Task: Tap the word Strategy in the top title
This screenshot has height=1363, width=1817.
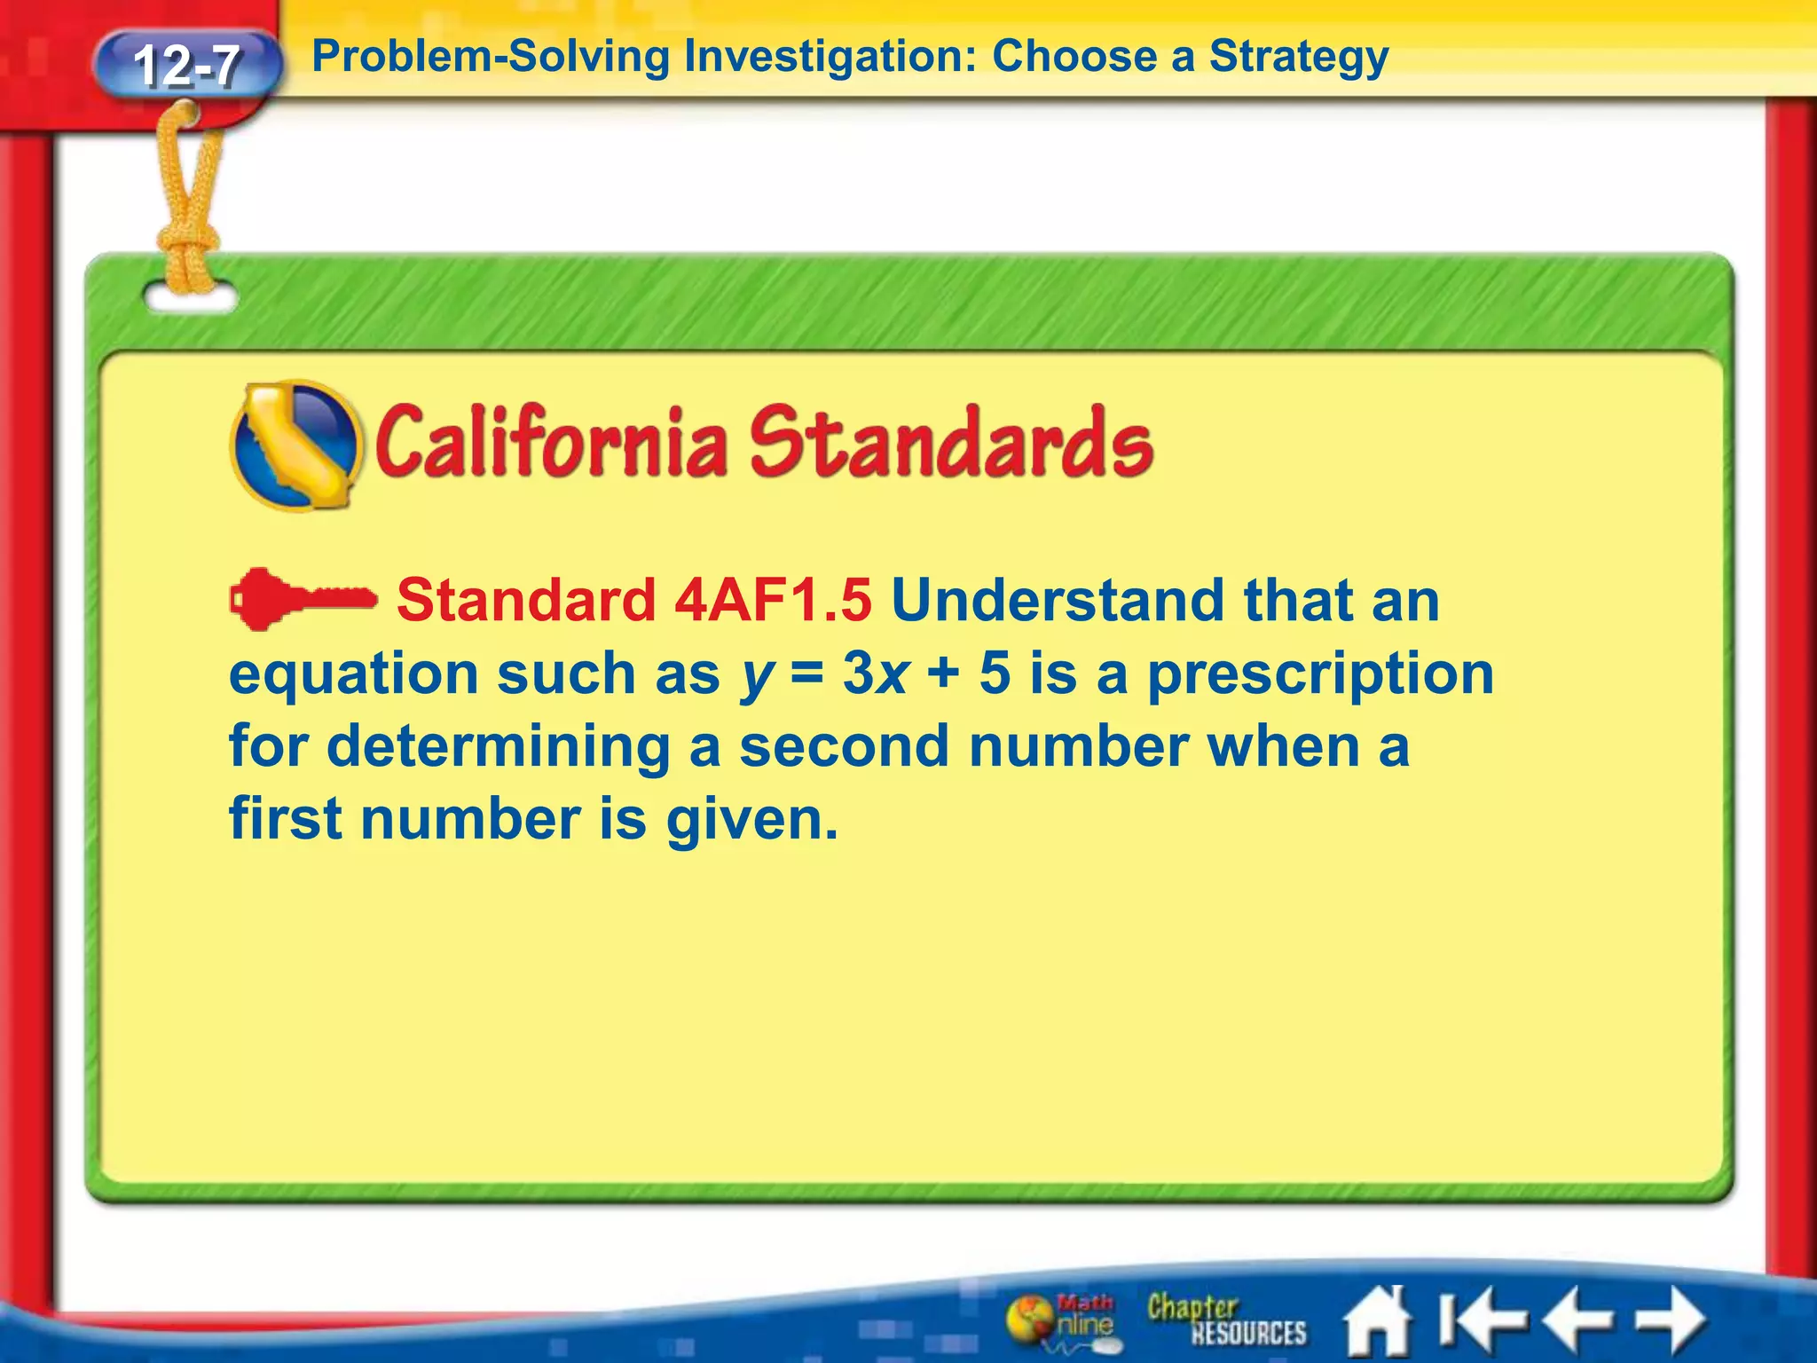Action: coord(1299,58)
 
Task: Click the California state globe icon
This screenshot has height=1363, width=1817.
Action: coord(295,445)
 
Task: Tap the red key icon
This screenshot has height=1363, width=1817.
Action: coord(302,600)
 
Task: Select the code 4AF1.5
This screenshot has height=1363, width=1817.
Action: coord(773,601)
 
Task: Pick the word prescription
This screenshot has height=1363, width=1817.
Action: coord(1321,674)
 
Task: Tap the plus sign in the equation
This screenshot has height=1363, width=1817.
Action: coord(943,673)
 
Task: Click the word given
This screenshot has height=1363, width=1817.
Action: coord(751,820)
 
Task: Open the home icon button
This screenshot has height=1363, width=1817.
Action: coord(1377,1322)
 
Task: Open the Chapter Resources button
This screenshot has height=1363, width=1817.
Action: coord(1226,1320)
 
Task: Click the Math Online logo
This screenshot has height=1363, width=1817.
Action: coord(1062,1320)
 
